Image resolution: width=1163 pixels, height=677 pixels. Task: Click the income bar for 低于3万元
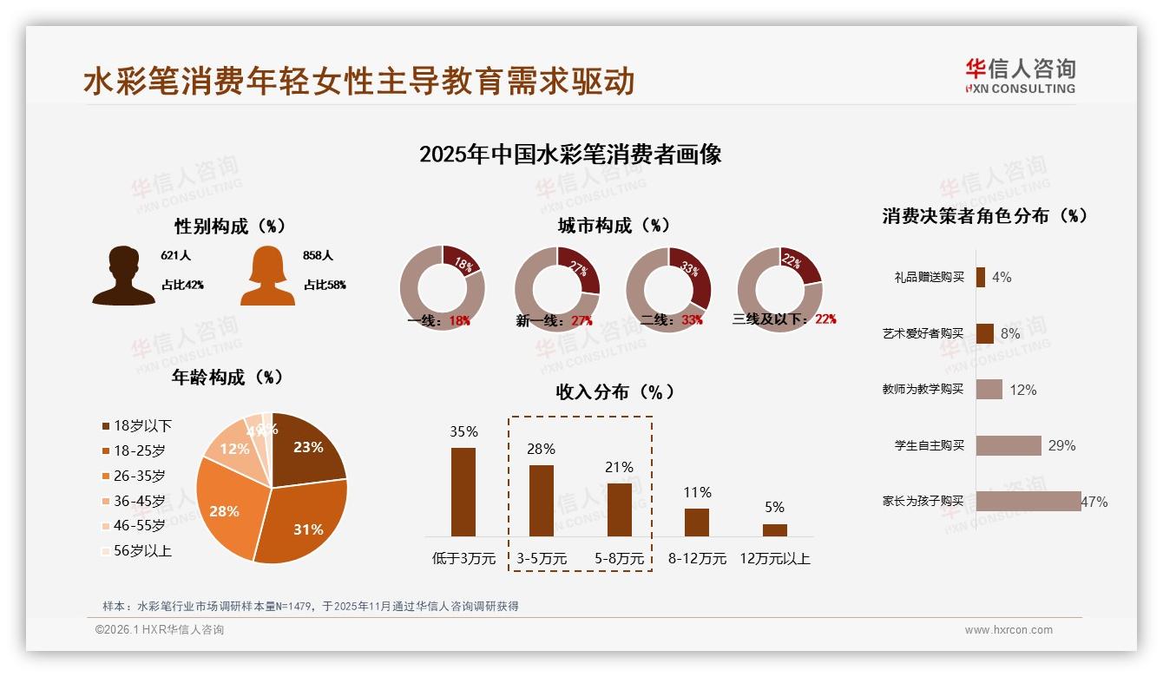tap(463, 491)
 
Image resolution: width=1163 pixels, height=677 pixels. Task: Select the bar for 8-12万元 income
tap(697, 522)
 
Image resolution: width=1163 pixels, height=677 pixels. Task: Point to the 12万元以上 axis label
tap(775, 559)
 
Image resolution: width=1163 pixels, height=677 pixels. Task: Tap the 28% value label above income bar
tap(542, 449)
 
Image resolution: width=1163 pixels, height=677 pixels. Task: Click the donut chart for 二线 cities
tap(668, 289)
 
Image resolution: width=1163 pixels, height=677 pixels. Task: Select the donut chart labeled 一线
tap(442, 289)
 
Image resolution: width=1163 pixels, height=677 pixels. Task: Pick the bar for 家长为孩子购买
tap(1028, 501)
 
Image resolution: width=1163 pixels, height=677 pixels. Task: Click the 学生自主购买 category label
tap(930, 445)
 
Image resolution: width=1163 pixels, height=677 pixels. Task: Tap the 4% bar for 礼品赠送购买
tap(981, 277)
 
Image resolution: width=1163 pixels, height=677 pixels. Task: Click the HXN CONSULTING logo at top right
tap(1020, 76)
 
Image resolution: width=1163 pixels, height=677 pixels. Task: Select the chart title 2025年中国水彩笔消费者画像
tap(570, 154)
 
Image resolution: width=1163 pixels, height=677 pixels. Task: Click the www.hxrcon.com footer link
tap(1009, 630)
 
